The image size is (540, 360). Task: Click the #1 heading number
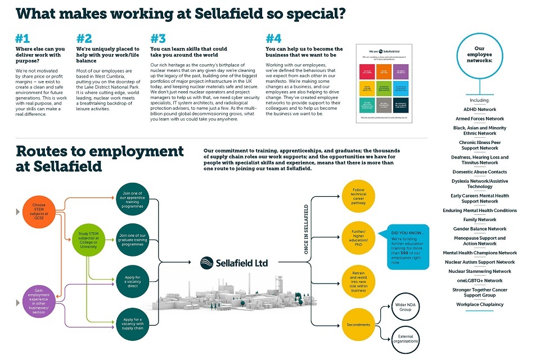coord(23,38)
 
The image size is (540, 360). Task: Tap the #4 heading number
coord(273,38)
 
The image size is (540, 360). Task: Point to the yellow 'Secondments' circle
coord(358,325)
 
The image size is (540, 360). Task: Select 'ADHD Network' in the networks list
coord(479,110)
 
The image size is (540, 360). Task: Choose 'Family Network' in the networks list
coord(479,220)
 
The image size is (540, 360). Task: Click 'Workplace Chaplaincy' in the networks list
coord(479,305)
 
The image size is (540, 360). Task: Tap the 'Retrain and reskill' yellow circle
coord(358,281)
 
